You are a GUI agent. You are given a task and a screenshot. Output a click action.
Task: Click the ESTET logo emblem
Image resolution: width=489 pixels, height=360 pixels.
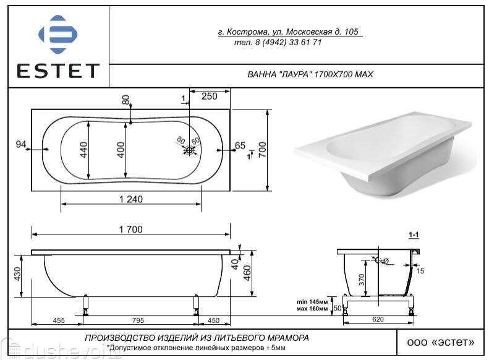point(57,35)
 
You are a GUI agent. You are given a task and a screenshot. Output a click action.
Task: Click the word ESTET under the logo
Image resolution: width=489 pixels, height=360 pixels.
point(57,71)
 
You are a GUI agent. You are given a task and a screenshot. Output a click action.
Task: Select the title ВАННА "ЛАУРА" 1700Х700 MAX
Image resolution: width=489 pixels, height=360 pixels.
point(310,74)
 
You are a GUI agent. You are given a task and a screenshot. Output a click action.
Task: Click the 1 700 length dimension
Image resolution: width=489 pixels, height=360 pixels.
point(130,229)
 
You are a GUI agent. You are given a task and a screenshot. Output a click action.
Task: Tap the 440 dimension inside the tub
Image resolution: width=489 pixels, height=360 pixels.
point(84,150)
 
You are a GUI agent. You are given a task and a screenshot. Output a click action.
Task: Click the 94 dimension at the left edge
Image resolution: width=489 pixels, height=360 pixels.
point(21,145)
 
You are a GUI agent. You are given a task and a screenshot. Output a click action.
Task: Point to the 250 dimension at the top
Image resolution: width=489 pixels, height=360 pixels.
point(210,96)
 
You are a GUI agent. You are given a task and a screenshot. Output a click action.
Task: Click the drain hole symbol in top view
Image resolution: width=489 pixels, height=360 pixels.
point(190,150)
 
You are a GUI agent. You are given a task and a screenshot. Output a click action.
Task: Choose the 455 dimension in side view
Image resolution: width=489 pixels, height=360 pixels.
point(59,320)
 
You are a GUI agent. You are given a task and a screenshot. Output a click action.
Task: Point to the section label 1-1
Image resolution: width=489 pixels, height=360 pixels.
point(414,236)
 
